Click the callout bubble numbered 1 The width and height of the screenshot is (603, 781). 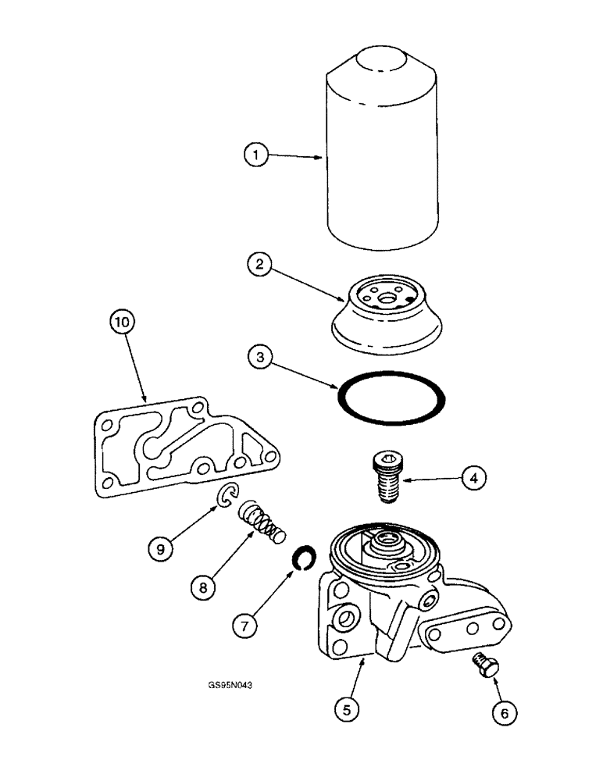(x=255, y=155)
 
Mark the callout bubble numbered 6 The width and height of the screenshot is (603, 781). (x=504, y=711)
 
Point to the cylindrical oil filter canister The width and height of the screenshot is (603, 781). (x=384, y=148)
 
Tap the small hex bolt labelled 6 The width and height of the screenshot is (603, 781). (x=481, y=665)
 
